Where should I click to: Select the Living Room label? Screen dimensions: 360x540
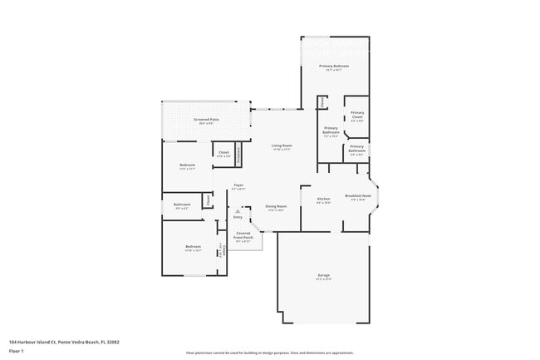[x=282, y=146]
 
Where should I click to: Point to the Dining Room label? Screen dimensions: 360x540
[x=276, y=206]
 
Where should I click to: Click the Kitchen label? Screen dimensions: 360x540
[x=324, y=200]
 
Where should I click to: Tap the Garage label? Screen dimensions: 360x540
[x=323, y=275]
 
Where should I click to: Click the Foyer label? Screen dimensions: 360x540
[x=238, y=185]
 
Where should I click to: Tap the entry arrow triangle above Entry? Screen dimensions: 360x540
[x=238, y=211]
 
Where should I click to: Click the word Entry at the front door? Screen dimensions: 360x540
[x=238, y=217]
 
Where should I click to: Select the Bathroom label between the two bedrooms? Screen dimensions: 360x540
[x=182, y=205]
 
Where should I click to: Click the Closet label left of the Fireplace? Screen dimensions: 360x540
[x=223, y=152]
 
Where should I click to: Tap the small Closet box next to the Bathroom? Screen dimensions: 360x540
[x=208, y=200]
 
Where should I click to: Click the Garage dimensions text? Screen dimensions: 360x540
[x=323, y=279]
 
